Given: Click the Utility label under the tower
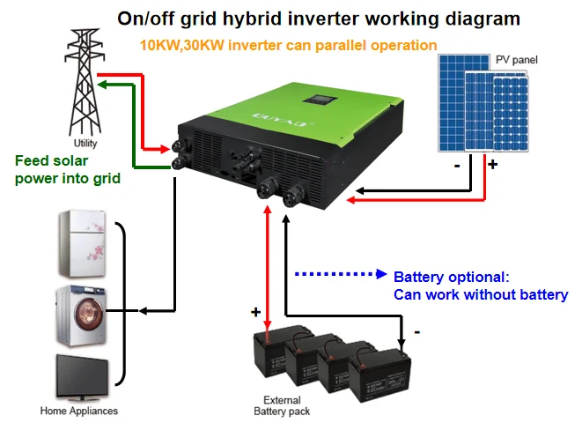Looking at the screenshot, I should [85, 144].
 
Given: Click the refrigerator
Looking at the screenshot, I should [83, 241].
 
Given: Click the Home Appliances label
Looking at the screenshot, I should [79, 411].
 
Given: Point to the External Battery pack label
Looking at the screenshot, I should [282, 405].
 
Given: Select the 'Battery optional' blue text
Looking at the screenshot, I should [480, 285].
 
